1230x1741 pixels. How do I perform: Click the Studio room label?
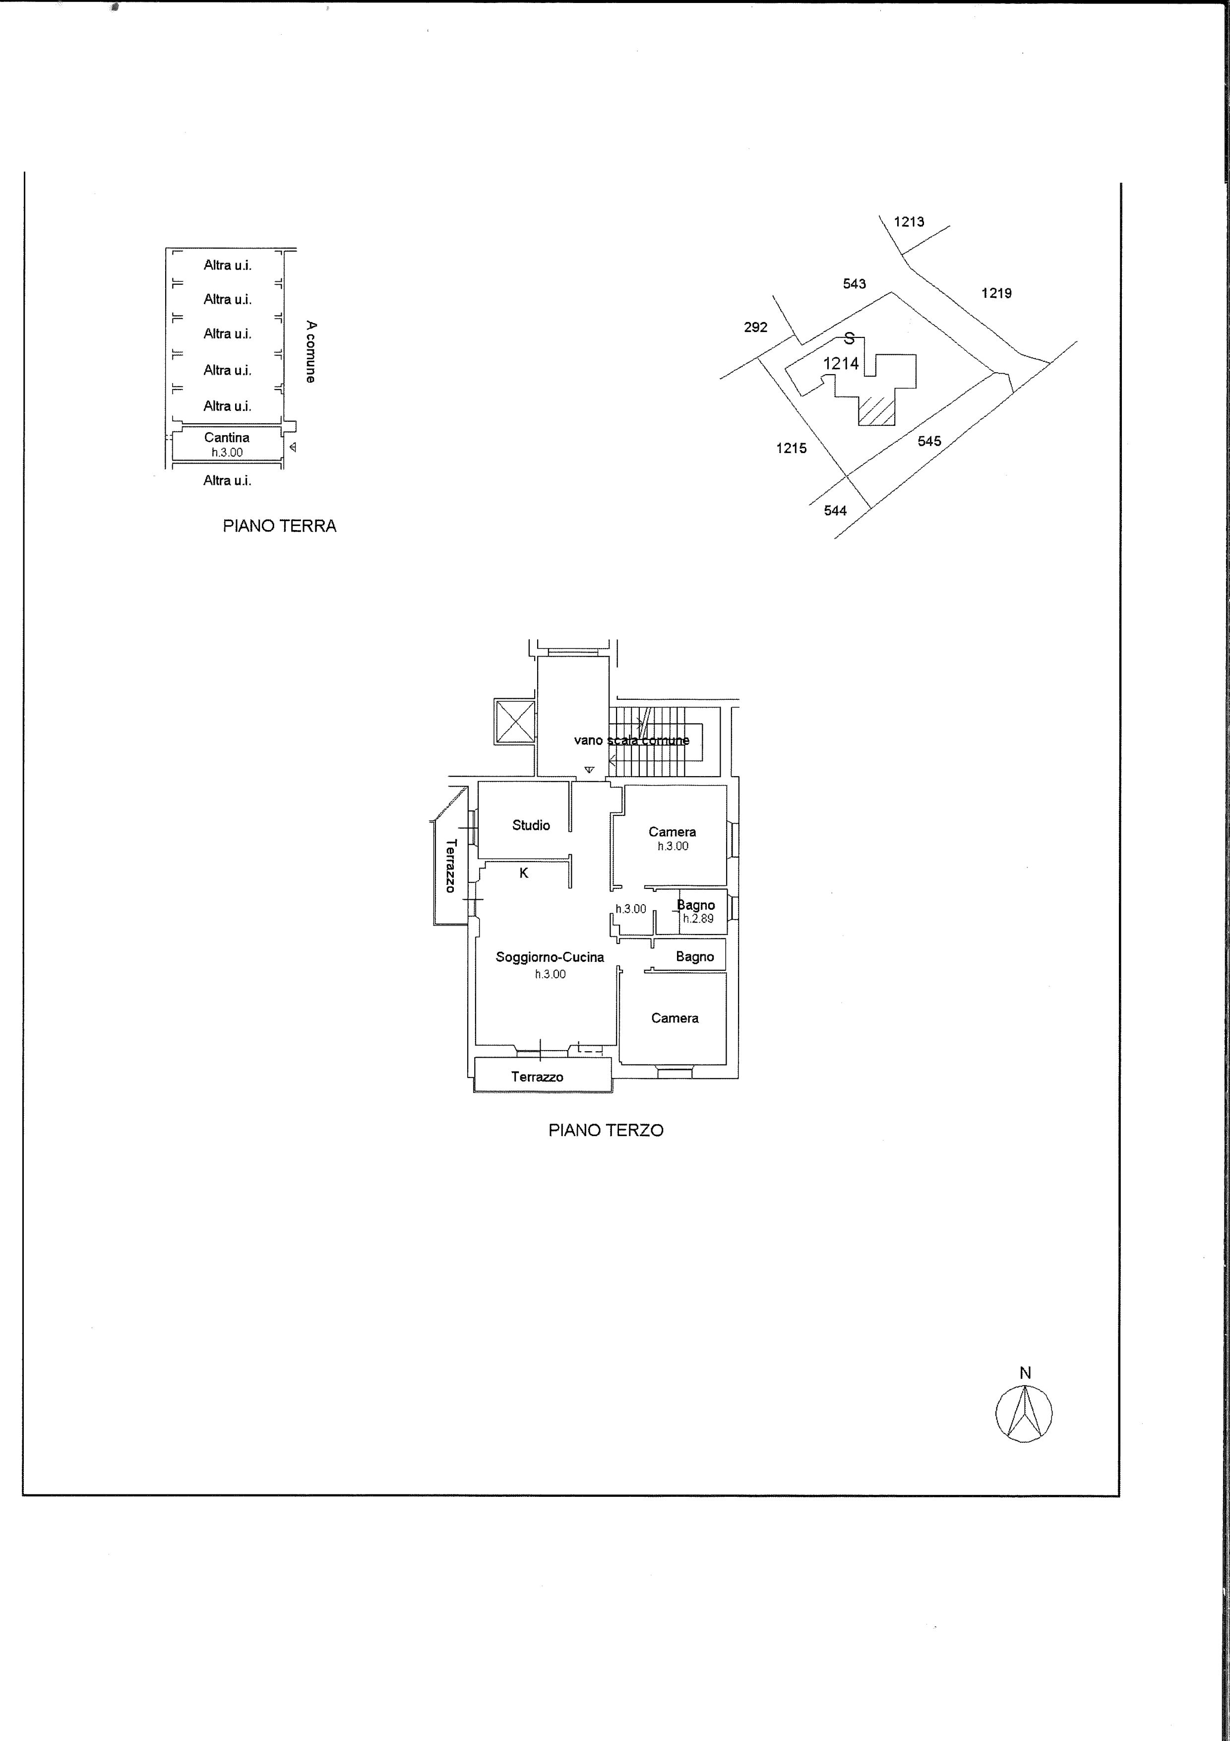click(531, 825)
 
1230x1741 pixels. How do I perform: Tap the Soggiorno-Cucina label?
click(550, 957)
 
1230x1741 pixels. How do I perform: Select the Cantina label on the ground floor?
click(227, 438)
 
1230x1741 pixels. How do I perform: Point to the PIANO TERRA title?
click(280, 526)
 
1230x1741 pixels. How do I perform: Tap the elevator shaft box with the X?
click(515, 721)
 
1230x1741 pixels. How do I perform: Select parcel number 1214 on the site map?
click(841, 363)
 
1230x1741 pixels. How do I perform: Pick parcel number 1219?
click(996, 293)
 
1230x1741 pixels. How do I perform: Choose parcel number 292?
click(755, 327)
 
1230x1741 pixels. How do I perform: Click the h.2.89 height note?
click(698, 918)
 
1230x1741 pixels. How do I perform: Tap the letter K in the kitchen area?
click(524, 873)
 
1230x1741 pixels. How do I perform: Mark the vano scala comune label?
click(631, 739)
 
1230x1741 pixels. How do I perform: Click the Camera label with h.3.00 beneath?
click(672, 832)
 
